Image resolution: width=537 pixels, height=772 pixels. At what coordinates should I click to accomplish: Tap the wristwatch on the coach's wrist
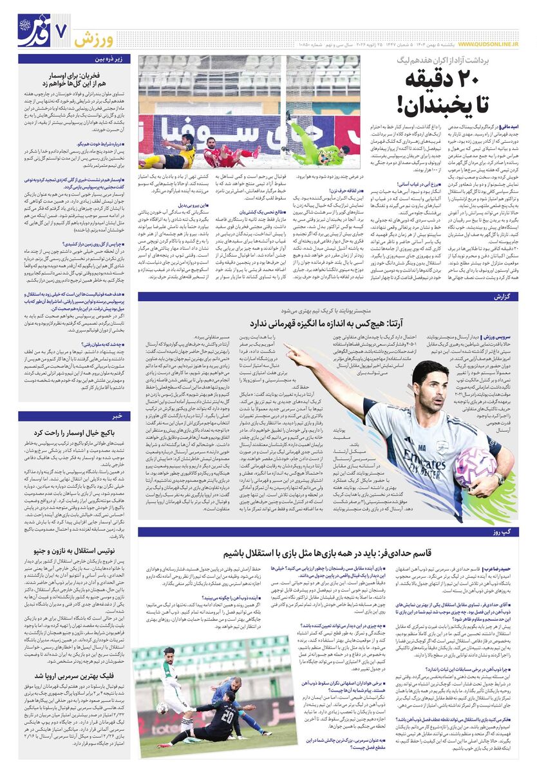click(x=500, y=478)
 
